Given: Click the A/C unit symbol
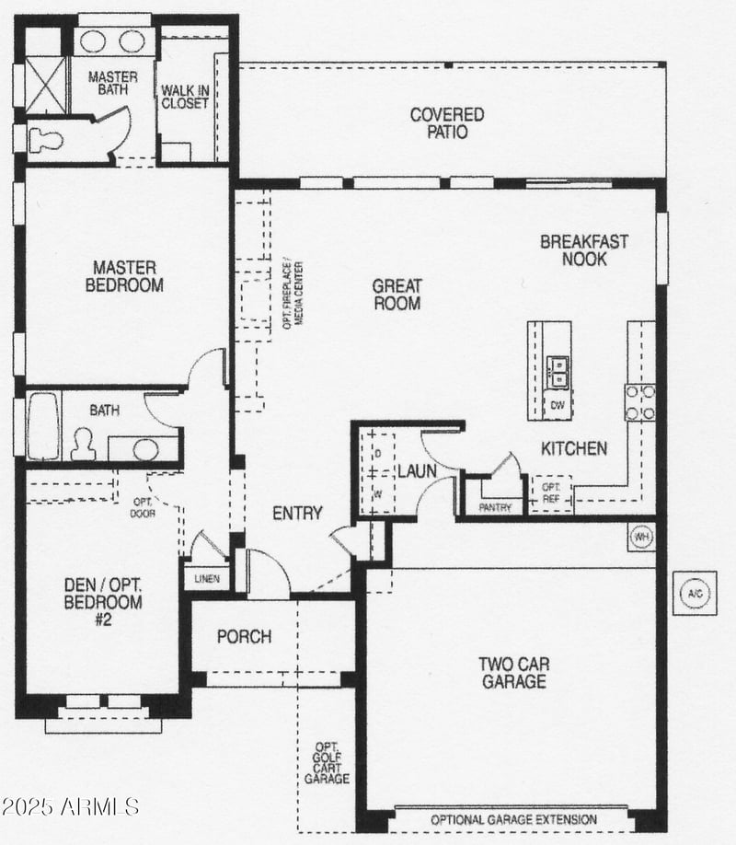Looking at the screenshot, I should (695, 593).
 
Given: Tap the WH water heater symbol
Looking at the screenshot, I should (641, 536).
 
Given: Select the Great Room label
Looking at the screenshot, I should (397, 295).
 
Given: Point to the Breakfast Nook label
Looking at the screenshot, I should (584, 250).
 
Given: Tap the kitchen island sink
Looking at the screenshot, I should (558, 371).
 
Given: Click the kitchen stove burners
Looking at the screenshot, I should (640, 401).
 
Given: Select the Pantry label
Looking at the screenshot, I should (494, 507).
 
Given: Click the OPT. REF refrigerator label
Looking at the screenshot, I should (551, 492).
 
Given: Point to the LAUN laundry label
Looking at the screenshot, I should (417, 471).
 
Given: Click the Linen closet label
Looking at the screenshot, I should (207, 578).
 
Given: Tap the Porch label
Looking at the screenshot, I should (244, 636).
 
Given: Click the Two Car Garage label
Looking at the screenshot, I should (512, 672).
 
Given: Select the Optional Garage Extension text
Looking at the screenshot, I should (513, 819).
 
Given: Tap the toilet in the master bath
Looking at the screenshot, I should (45, 140).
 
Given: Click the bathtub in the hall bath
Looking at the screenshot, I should (43, 425).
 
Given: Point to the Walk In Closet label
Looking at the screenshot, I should (185, 97).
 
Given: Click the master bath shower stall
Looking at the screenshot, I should (45, 85).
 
